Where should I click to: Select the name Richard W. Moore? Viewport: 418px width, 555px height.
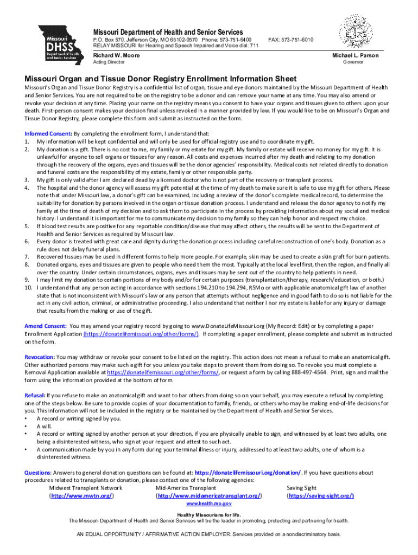pos(116,55)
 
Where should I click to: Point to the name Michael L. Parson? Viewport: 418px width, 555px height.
pos(355,55)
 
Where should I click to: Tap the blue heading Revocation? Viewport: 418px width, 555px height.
pos(39,357)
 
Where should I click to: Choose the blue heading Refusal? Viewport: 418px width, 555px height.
pos(35,396)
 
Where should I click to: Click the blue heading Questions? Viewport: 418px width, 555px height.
pos(37,473)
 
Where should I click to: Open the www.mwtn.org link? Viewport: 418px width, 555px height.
pos(84,496)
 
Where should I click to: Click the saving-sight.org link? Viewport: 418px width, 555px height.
pos(320,496)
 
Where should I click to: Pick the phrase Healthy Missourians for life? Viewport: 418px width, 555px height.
pos(209,514)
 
